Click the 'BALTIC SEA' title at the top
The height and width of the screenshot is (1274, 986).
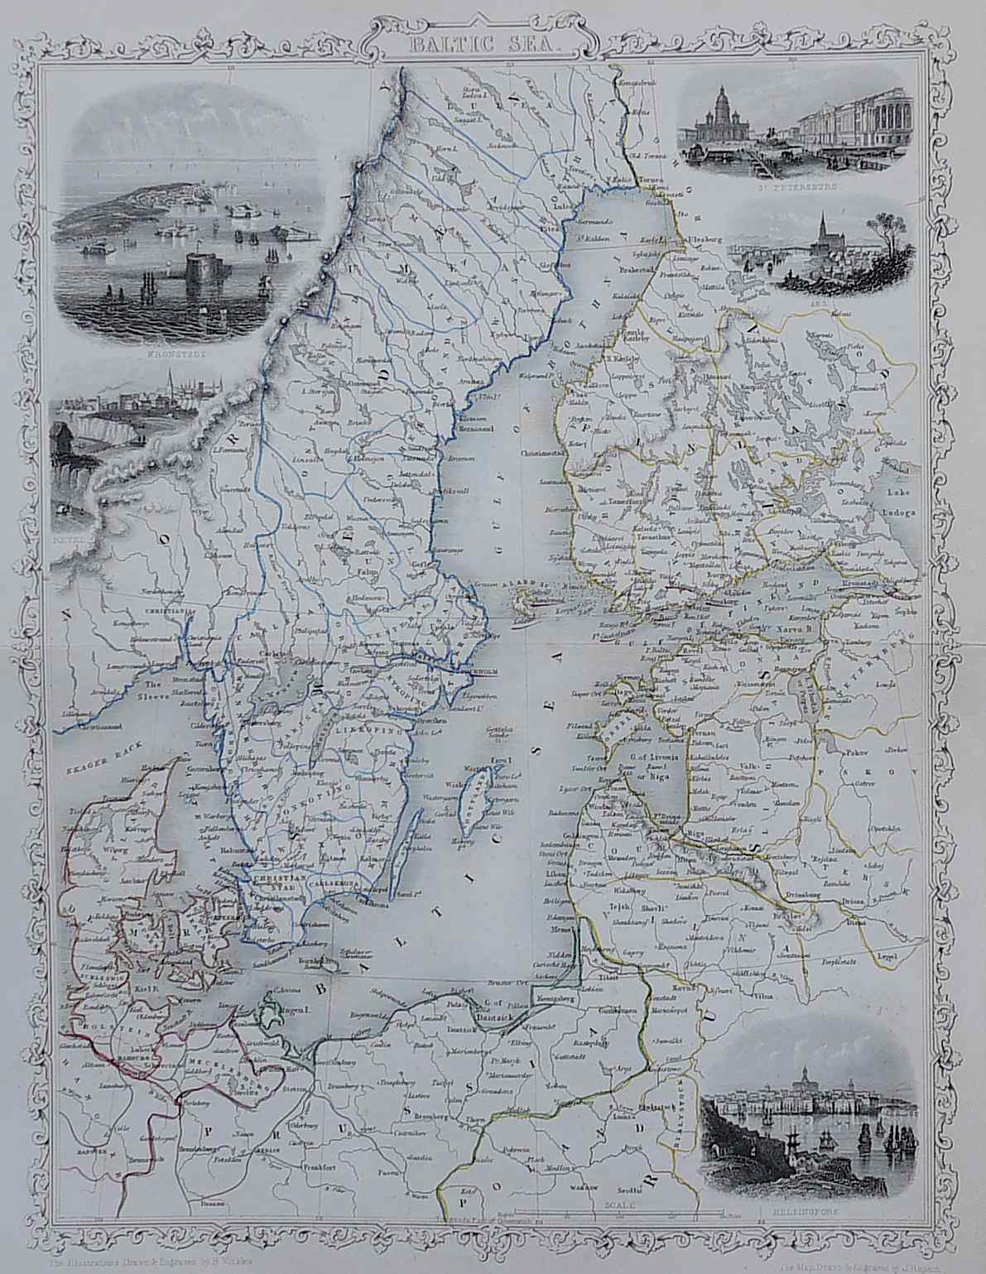click(x=493, y=37)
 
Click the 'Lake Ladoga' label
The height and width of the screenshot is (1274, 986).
click(x=900, y=506)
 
